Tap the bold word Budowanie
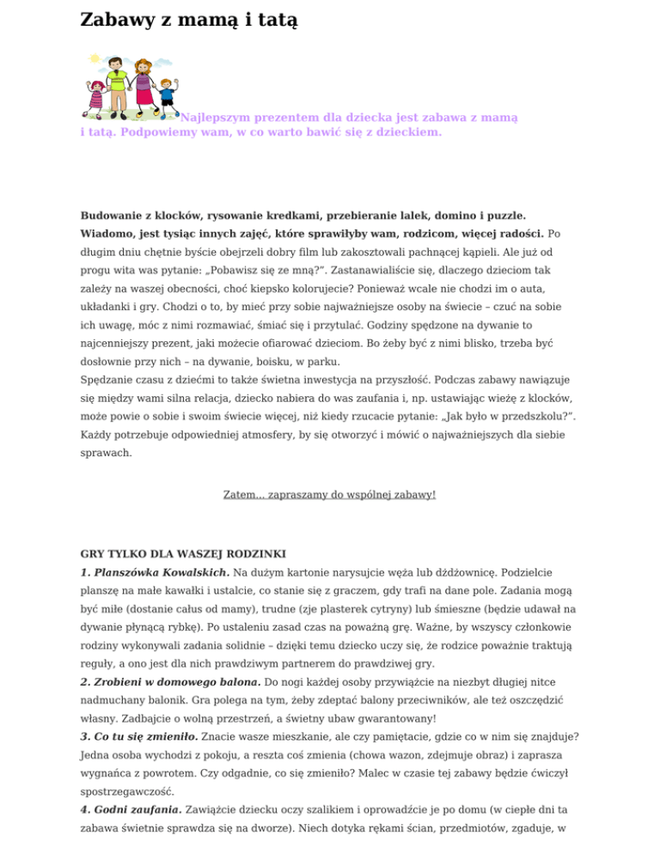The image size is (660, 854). coord(116,214)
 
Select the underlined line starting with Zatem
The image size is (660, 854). coord(329,495)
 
